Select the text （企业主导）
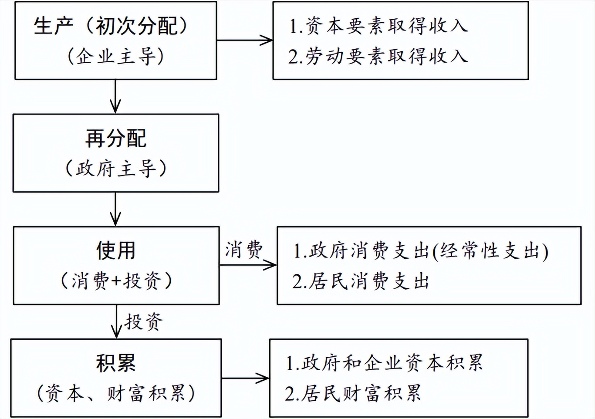(116, 56)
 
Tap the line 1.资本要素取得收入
(378, 26)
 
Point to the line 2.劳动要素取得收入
(378, 56)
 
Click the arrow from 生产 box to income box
(244, 40)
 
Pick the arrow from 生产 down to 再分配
(115, 96)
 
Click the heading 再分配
(116, 139)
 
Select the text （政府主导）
(116, 169)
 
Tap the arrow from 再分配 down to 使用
(115, 209)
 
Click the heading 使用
(116, 250)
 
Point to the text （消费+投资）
(116, 281)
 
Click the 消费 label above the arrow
(244, 250)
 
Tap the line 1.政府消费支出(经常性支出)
(420, 251)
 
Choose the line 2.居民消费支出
(361, 281)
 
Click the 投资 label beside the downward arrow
(143, 322)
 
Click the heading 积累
(116, 363)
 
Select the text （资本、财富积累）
(116, 393)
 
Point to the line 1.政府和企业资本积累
(384, 363)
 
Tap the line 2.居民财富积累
(353, 393)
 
